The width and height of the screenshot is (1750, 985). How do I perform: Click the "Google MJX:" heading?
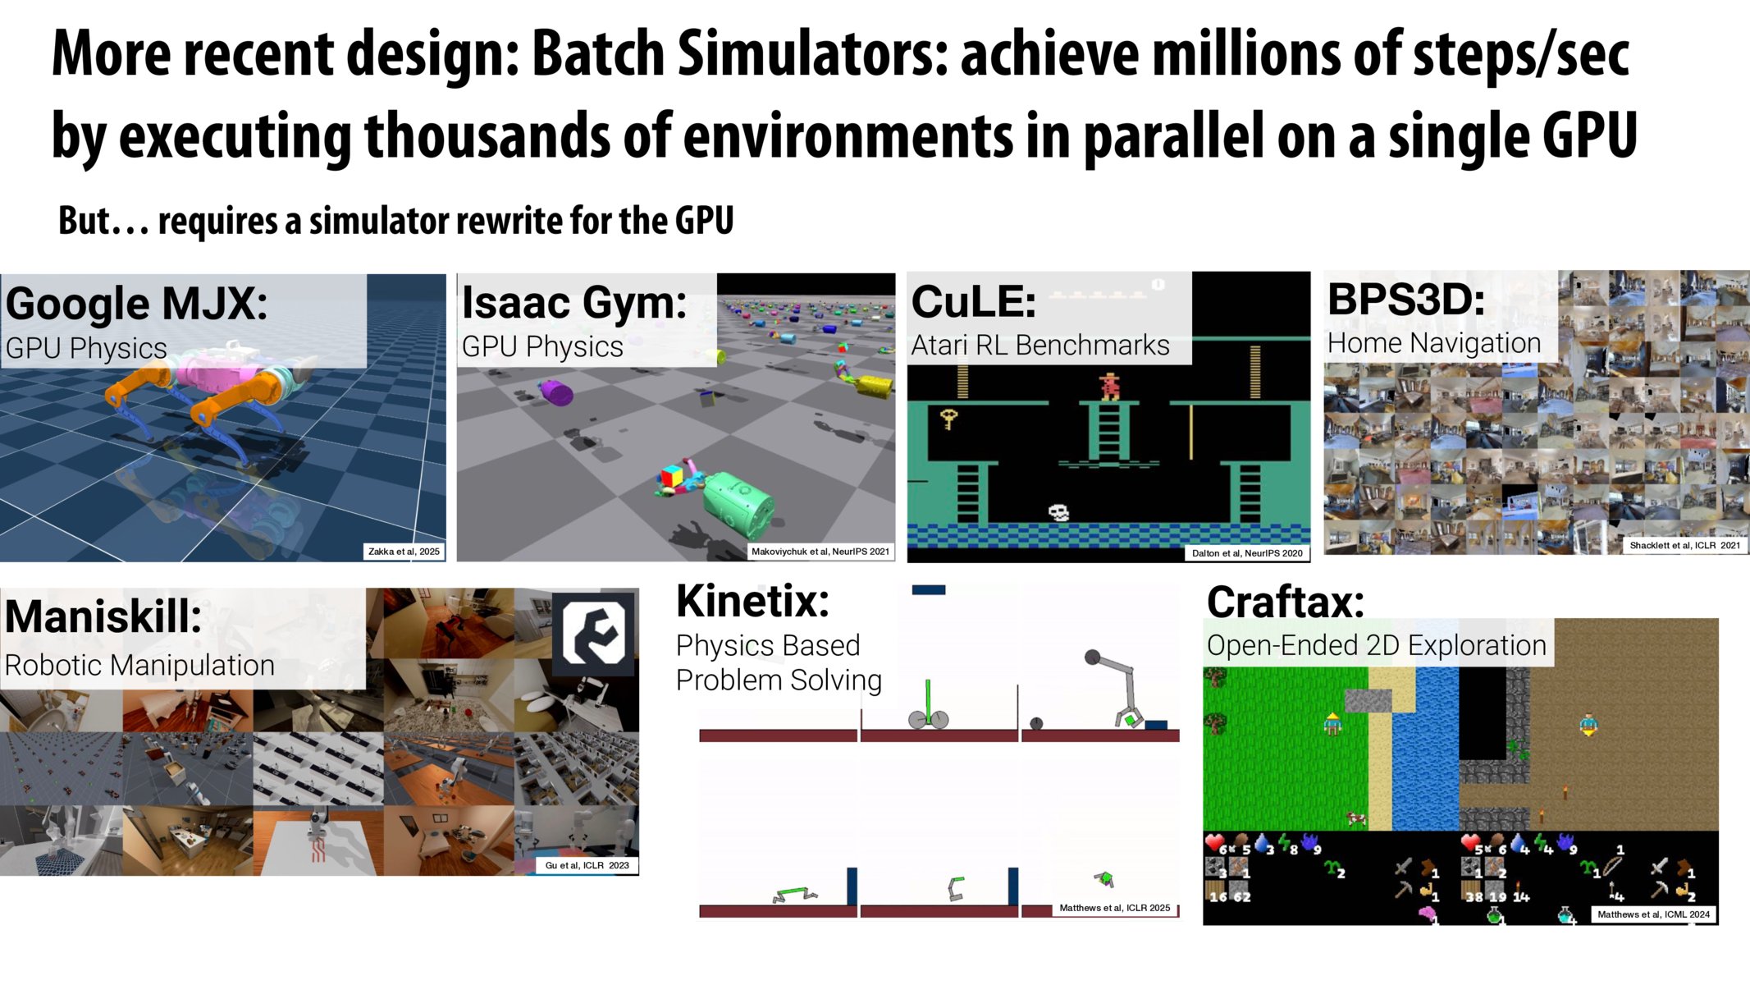[x=136, y=303]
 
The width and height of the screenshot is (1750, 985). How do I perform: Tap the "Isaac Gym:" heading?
[x=574, y=302]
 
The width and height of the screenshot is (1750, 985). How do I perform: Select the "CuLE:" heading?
[x=974, y=301]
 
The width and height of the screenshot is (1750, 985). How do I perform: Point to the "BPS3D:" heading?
[x=1406, y=299]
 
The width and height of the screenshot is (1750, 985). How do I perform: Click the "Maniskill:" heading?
[x=103, y=616]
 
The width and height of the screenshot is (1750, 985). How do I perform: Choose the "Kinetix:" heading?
[x=752, y=601]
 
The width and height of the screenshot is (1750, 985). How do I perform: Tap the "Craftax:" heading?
[x=1285, y=602]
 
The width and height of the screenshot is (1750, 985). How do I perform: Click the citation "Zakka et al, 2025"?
[x=404, y=552]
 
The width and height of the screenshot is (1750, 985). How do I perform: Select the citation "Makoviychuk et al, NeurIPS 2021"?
[x=820, y=552]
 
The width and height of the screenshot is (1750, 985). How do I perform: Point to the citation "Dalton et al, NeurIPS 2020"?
[x=1247, y=553]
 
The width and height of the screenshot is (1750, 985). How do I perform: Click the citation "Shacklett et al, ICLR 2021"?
[x=1684, y=545]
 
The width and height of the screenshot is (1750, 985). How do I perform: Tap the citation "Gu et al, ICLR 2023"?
[x=587, y=865]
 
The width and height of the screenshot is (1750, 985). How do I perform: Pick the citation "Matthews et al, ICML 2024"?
[x=1653, y=914]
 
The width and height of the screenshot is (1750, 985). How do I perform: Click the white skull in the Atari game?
[x=1058, y=513]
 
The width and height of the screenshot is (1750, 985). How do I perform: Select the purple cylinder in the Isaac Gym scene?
[x=556, y=392]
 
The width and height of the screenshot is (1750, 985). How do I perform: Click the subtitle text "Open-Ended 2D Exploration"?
[x=1376, y=645]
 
